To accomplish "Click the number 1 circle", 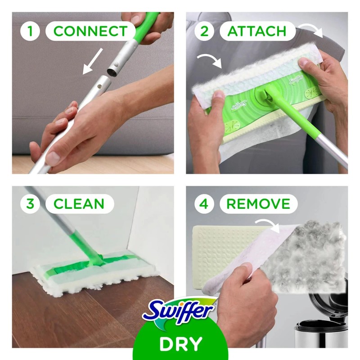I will tap(30, 31).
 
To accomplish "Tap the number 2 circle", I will tap(204, 31).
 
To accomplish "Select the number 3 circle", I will tap(30, 203).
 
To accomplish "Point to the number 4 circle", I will tap(204, 203).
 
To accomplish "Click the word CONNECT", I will tap(90, 31).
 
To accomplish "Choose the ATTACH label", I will tap(257, 31).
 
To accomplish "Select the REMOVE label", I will tap(258, 203).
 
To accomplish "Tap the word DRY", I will tap(180, 344).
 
